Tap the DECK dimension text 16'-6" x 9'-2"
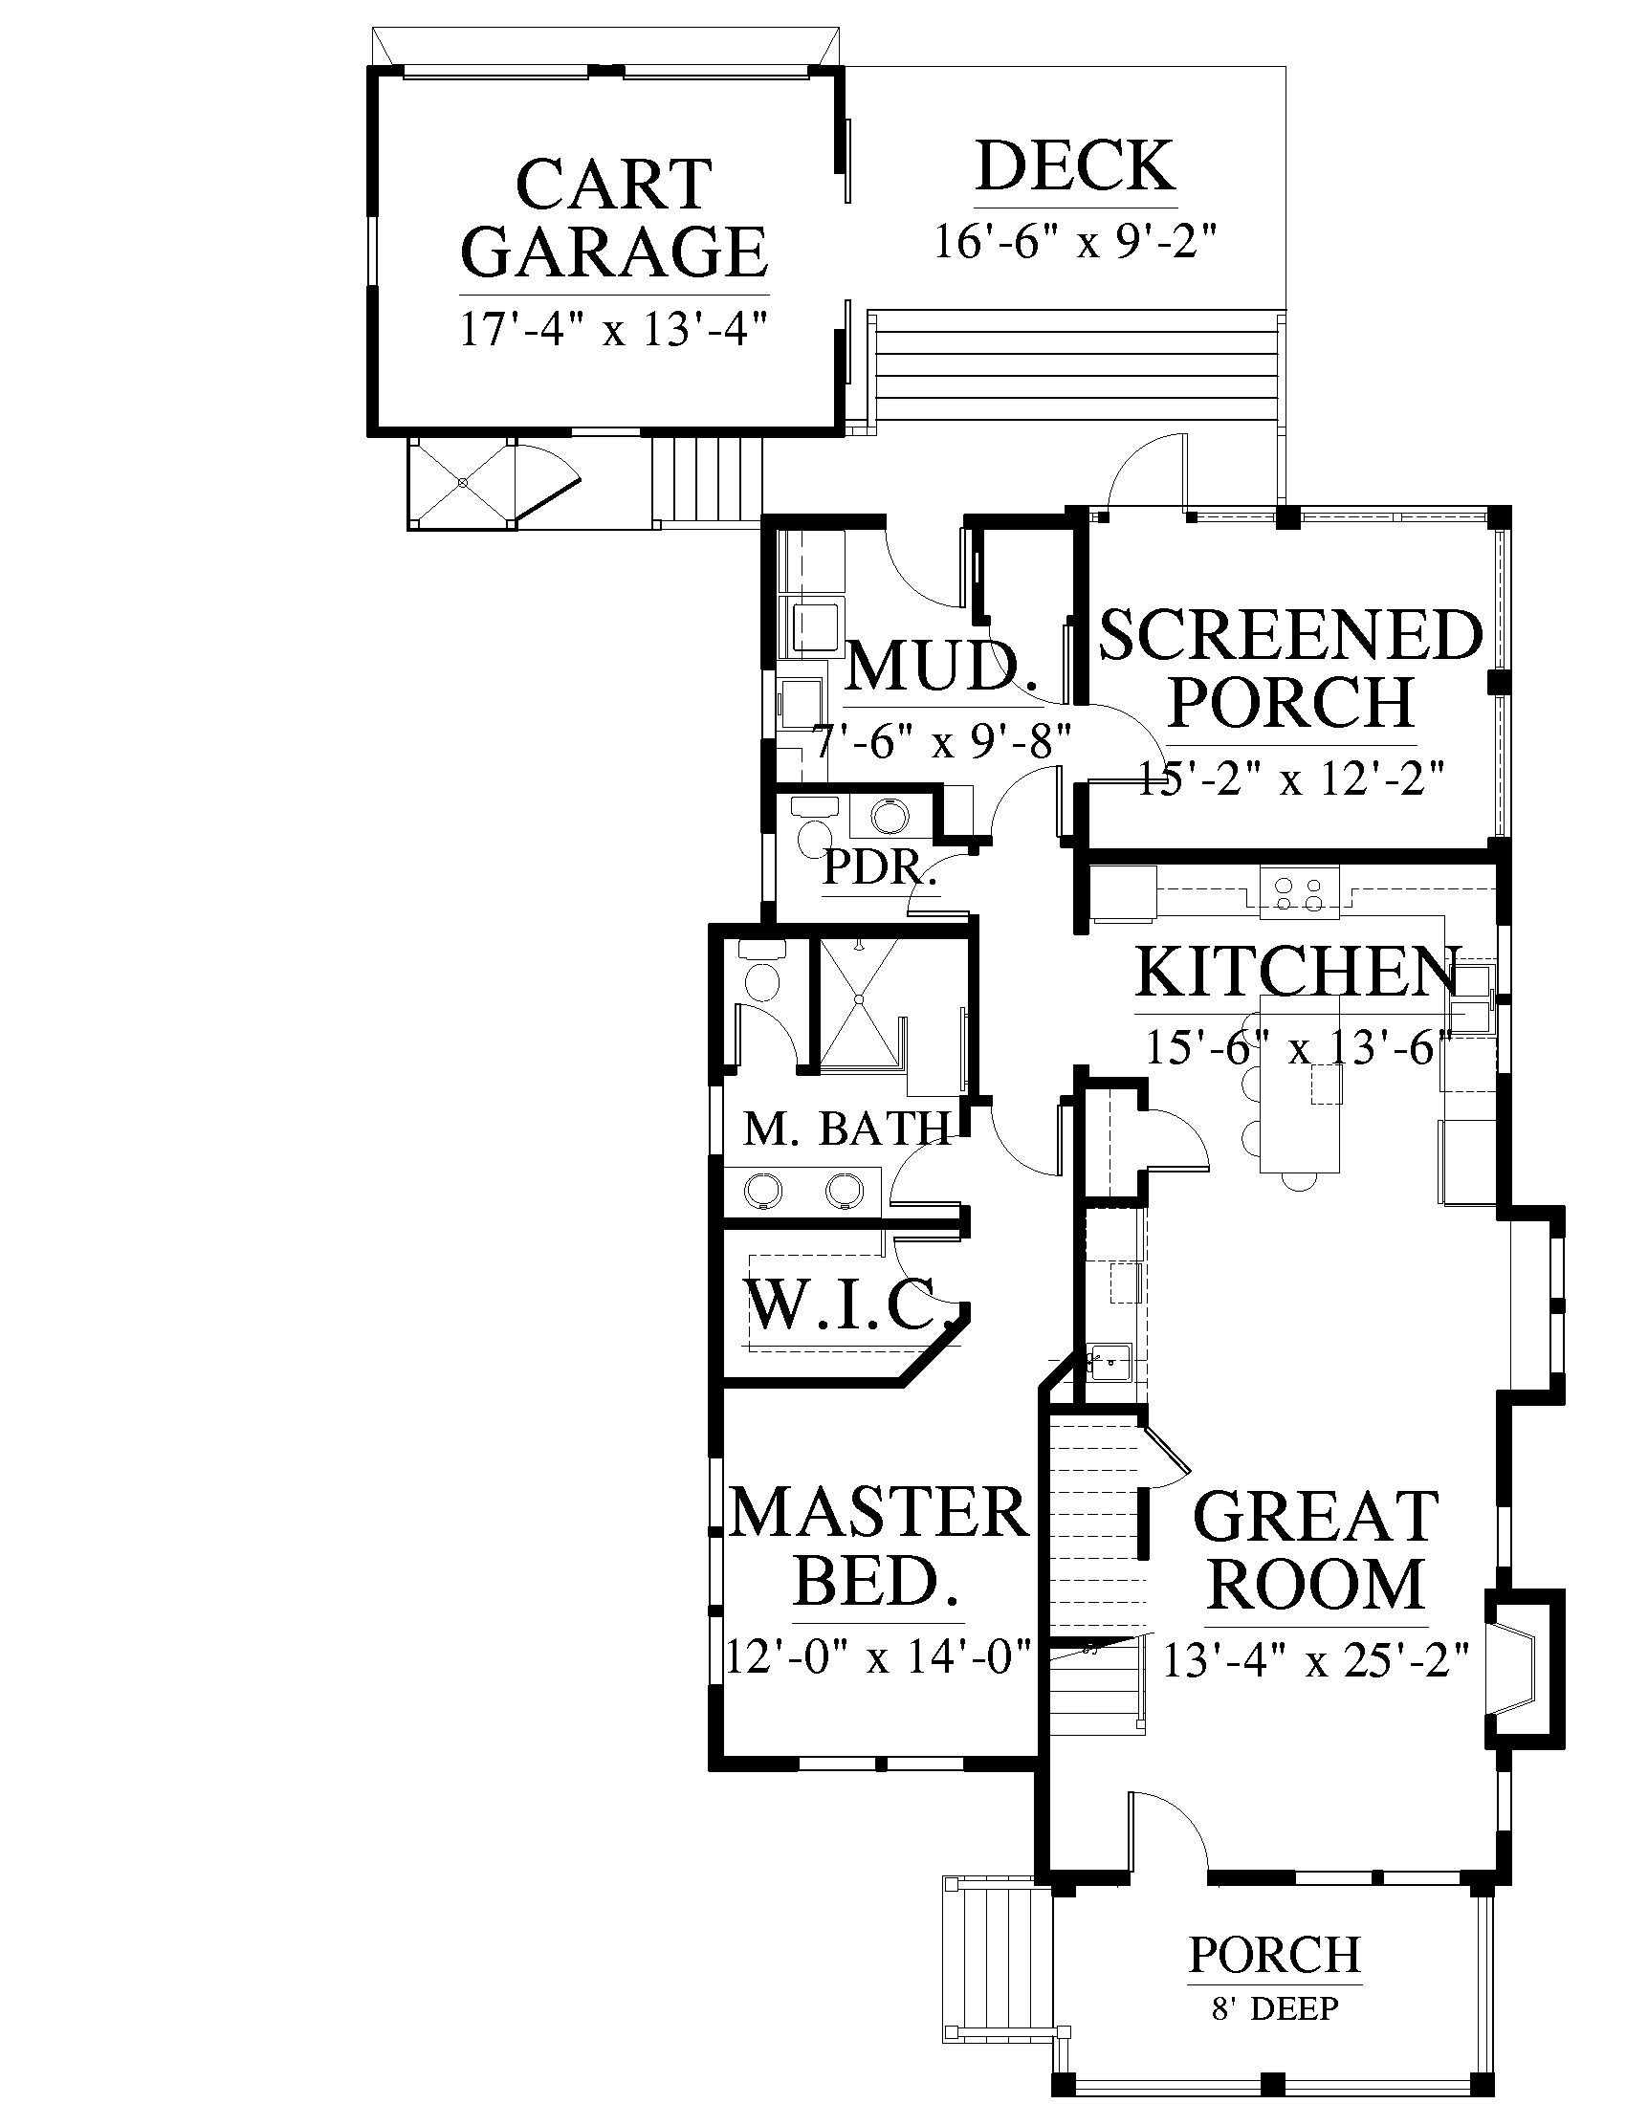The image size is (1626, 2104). point(1077,241)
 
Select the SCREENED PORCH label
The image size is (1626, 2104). point(1291,668)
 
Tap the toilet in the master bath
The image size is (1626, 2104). point(761,973)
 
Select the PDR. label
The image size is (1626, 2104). point(879,868)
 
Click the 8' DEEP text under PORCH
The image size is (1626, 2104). point(1275,2007)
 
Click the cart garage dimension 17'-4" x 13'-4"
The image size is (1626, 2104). point(615,330)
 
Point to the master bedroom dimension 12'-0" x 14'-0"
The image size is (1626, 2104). point(879,1658)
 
